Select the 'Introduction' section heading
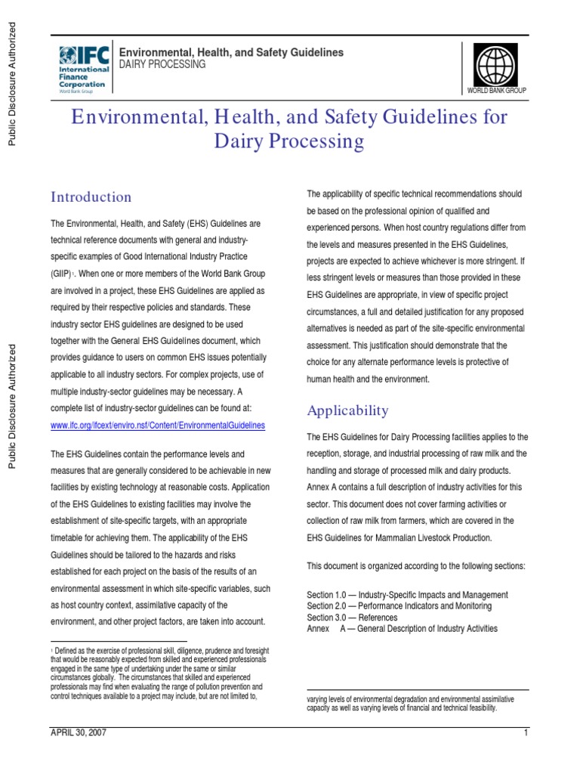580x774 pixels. [x=91, y=197]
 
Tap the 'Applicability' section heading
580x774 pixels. [x=347, y=410]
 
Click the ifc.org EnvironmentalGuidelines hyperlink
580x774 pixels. [x=158, y=426]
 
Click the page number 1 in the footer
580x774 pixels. [x=524, y=733]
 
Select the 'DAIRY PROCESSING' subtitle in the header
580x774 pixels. [x=163, y=65]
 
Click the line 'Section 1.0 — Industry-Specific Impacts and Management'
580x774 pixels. [x=407, y=595]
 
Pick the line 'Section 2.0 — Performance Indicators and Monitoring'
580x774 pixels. [x=399, y=606]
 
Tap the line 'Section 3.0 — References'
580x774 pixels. [x=353, y=618]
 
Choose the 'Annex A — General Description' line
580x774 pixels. [x=402, y=629]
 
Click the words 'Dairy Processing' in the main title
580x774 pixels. [x=290, y=142]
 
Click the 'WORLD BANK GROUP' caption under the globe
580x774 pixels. [x=497, y=90]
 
